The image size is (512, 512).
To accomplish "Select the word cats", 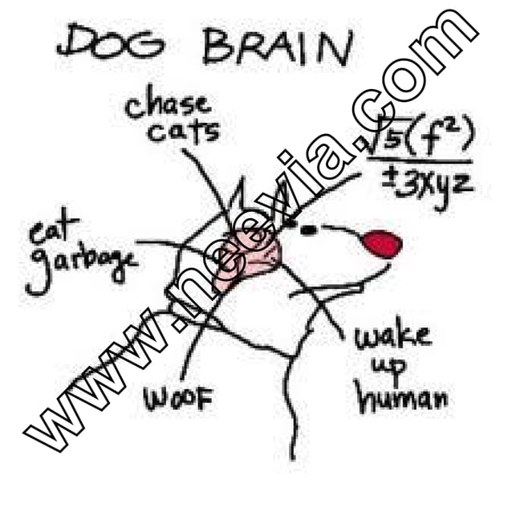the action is [184, 130].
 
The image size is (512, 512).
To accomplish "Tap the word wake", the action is [392, 335].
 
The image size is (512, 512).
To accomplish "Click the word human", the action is [401, 396].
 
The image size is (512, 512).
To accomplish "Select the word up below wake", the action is [388, 367].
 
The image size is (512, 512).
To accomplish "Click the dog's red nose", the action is [381, 242].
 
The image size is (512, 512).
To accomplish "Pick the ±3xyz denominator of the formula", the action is [425, 186].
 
